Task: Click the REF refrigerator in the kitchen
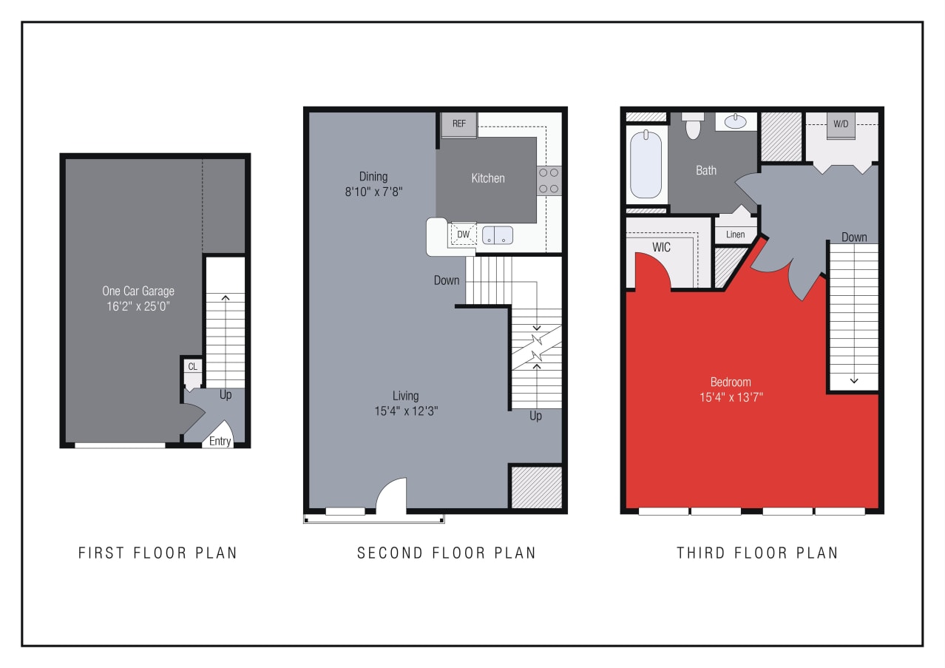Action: (x=459, y=124)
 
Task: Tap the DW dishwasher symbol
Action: (x=464, y=235)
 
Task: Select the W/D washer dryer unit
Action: (x=841, y=124)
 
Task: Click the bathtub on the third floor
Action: (x=646, y=164)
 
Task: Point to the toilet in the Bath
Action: (x=693, y=127)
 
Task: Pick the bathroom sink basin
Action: (x=735, y=121)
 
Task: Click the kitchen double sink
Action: (x=498, y=235)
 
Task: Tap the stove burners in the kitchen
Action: (x=549, y=180)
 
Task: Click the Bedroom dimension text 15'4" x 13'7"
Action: (x=731, y=397)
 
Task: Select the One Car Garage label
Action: (x=138, y=291)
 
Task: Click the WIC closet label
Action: (x=662, y=247)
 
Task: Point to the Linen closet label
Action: (x=735, y=235)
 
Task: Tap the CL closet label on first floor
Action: (x=192, y=366)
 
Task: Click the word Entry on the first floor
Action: (x=220, y=441)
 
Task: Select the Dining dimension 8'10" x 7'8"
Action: (x=373, y=191)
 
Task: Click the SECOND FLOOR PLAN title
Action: (x=447, y=553)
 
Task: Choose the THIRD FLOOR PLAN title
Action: (x=757, y=553)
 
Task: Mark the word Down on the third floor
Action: (x=854, y=237)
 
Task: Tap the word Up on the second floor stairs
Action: (x=535, y=416)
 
